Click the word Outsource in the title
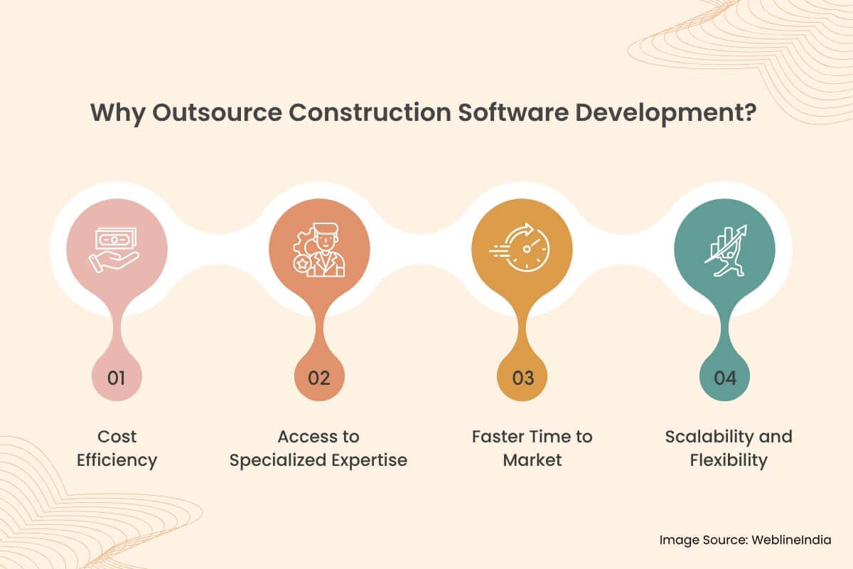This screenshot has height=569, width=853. pos(201,115)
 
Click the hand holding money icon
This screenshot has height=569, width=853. pos(115,249)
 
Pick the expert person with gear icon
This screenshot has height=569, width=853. pos(319,249)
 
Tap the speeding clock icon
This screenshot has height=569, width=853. pos(522,249)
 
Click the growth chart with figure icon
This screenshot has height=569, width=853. pos(725,249)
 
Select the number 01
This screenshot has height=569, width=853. pos(116,378)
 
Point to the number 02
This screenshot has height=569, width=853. pos(319,378)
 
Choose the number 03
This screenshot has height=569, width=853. pos(522,378)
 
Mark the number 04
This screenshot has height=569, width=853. pos(725,378)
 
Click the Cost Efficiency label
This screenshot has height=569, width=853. pos(117,448)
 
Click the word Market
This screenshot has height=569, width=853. pos(532,460)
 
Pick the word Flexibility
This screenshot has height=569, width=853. pos(729,460)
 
